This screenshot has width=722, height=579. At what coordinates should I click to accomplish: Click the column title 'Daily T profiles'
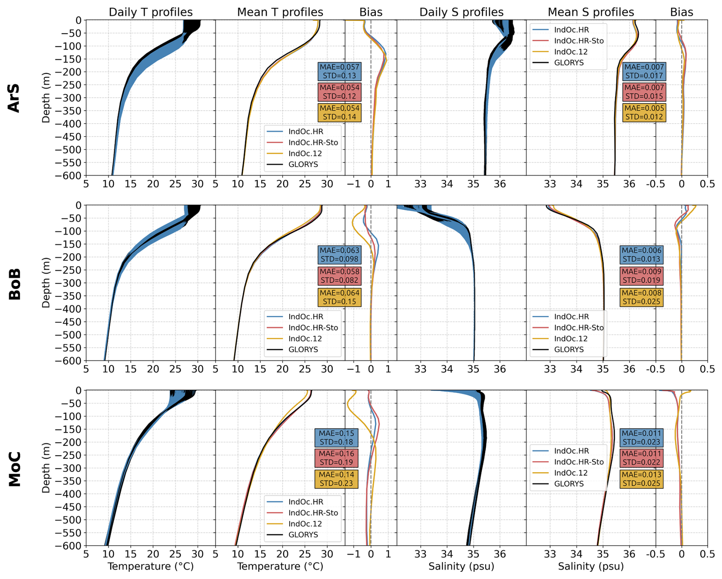click(150, 12)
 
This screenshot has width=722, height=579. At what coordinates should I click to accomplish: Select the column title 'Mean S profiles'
click(591, 12)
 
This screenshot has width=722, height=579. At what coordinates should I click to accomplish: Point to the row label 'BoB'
click(15, 284)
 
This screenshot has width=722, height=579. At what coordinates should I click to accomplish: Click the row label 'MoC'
click(15, 469)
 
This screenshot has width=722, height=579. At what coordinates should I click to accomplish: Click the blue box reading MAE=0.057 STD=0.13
click(339, 71)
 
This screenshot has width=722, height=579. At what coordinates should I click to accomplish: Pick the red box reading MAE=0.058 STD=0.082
click(339, 276)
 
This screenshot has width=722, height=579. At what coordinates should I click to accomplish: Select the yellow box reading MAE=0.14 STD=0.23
click(336, 479)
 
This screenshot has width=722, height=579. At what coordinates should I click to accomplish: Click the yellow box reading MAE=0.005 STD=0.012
click(644, 113)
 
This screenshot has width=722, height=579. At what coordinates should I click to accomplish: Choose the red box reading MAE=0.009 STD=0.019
click(641, 276)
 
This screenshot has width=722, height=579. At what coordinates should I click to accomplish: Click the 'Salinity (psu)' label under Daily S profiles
click(461, 566)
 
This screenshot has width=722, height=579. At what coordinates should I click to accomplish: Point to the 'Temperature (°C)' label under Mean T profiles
click(280, 566)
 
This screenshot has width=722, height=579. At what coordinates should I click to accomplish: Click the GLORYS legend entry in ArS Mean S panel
click(569, 63)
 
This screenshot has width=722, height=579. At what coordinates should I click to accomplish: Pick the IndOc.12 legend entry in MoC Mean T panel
click(305, 524)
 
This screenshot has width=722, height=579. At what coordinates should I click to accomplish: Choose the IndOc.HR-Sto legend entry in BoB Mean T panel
click(313, 327)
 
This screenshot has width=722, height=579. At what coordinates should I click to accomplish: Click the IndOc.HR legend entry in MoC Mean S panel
click(571, 451)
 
